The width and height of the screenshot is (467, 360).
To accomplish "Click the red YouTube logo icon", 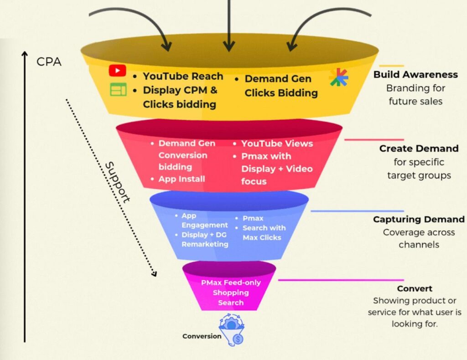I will pyautogui.click(x=117, y=71).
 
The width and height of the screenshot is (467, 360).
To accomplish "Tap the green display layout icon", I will pyautogui.click(x=118, y=90).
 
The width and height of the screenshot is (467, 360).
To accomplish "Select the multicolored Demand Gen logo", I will pyautogui.click(x=338, y=77).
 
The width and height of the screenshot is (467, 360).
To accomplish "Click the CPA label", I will pyautogui.click(x=49, y=62).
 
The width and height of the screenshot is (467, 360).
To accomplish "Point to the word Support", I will pyautogui.click(x=118, y=181).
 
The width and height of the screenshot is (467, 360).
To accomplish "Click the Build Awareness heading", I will pyautogui.click(x=415, y=74).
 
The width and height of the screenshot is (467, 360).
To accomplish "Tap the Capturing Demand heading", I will pyautogui.click(x=419, y=219).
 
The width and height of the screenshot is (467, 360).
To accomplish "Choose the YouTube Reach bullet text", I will pyautogui.click(x=183, y=76).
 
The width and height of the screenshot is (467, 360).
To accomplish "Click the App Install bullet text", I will pyautogui.click(x=182, y=179).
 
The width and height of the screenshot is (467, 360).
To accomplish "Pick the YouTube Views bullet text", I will pyautogui.click(x=277, y=144).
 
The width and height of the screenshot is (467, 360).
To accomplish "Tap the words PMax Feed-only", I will pyautogui.click(x=231, y=283).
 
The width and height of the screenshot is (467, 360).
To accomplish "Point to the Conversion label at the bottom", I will pyautogui.click(x=202, y=336).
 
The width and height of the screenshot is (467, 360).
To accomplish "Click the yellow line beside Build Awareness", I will pyautogui.click(x=391, y=66).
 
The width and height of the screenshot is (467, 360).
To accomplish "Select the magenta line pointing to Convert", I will pyautogui.click(x=341, y=280).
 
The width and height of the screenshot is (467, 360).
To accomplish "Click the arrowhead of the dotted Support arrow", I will pyautogui.click(x=154, y=273).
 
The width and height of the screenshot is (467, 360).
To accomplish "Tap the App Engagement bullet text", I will pyautogui.click(x=204, y=220).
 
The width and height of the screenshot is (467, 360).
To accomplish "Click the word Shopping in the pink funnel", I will pyautogui.click(x=231, y=293).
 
